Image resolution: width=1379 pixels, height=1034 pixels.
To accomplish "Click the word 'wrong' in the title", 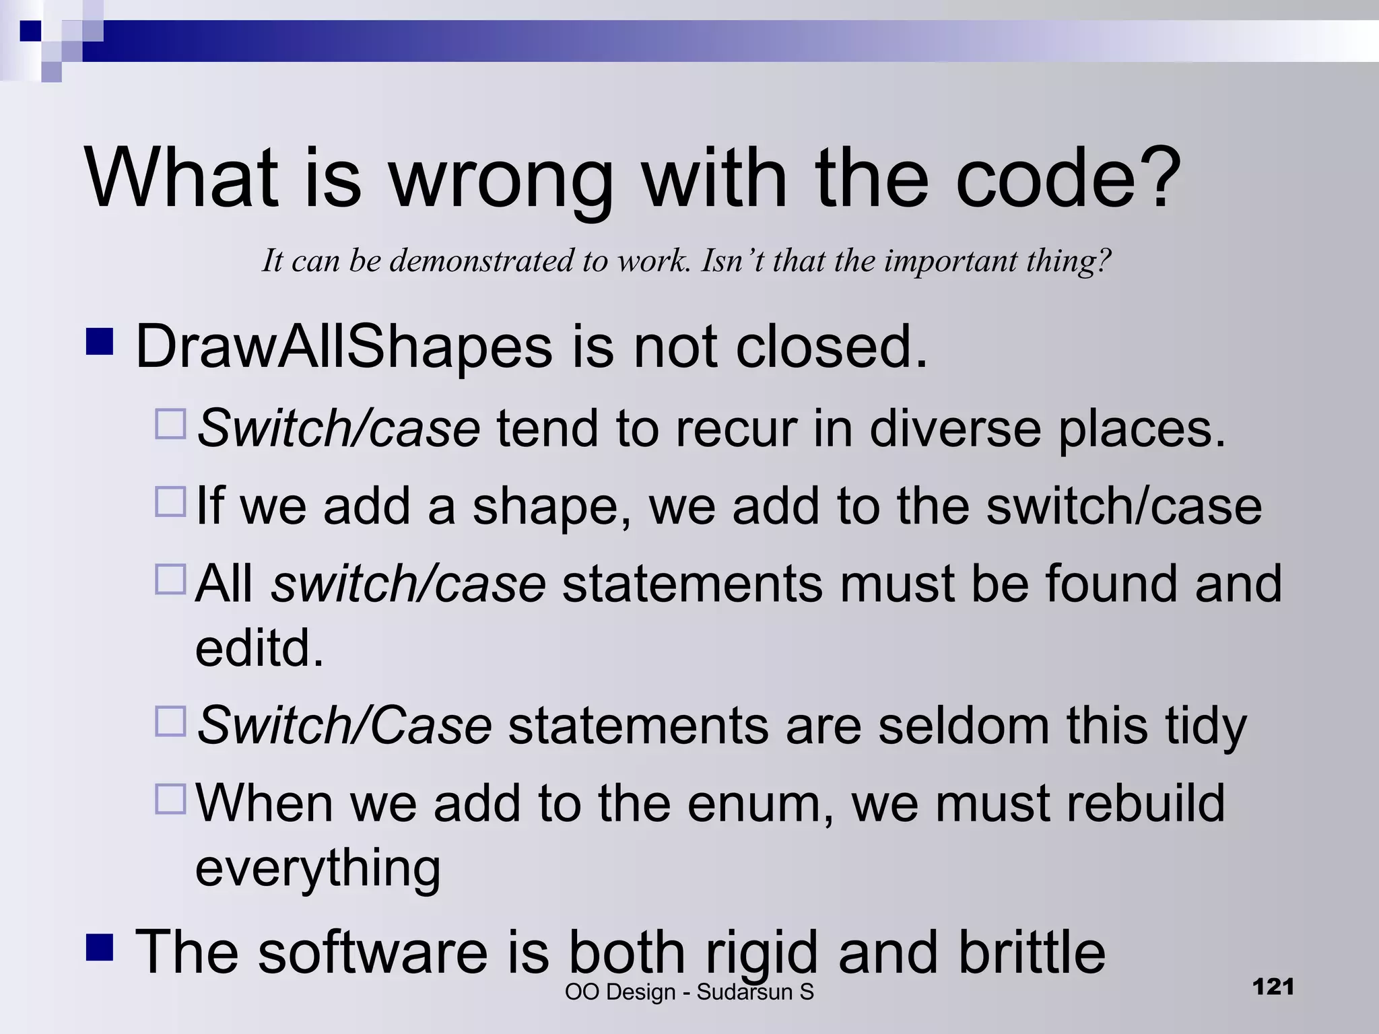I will pos(501,180).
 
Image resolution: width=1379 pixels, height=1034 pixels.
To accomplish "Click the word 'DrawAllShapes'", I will pos(344,347).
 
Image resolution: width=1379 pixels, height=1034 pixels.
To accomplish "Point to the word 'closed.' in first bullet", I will pos(832,347).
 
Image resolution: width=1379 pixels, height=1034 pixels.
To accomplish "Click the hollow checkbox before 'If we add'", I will pos(170,502).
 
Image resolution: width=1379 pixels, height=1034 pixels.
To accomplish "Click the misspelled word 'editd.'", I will pos(259,648).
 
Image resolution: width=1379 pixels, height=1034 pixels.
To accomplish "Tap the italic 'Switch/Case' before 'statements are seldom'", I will pos(344,726).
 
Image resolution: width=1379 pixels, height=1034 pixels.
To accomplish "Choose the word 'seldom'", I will pos(963,726).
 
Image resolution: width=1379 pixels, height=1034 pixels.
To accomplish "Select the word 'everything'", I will pos(318,868).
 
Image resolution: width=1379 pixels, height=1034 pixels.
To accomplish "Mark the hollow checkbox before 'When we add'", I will pos(170,798).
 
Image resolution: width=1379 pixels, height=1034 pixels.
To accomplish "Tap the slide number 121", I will pos(1273,987).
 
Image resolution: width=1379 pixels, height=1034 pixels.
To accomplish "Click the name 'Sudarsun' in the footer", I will pos(744,992).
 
